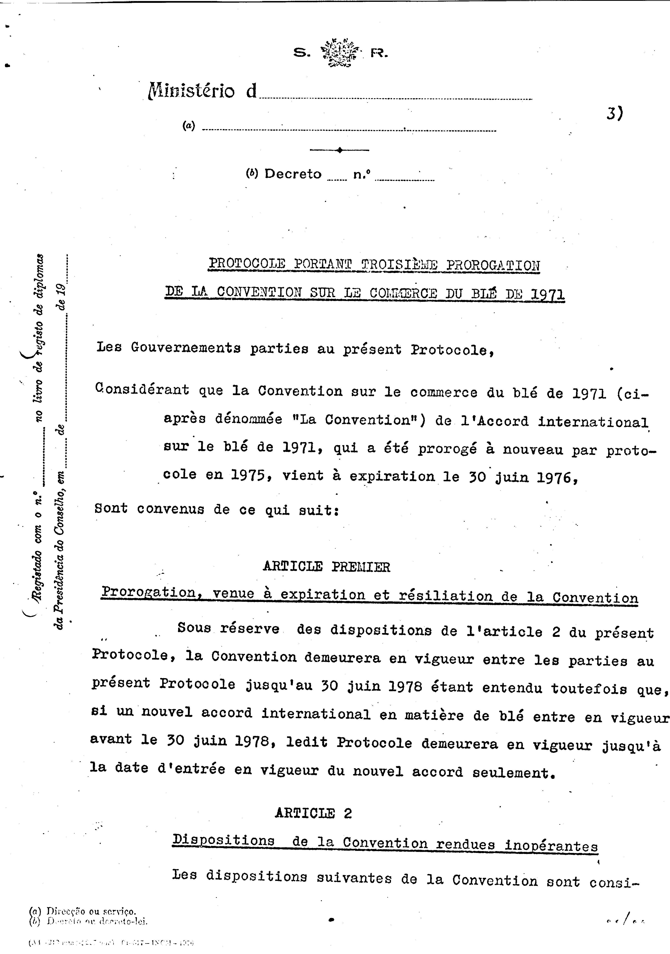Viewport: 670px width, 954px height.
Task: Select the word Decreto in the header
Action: click(293, 174)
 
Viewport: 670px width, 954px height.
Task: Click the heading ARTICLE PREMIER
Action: click(326, 567)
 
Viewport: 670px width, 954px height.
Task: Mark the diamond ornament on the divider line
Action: click(339, 150)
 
